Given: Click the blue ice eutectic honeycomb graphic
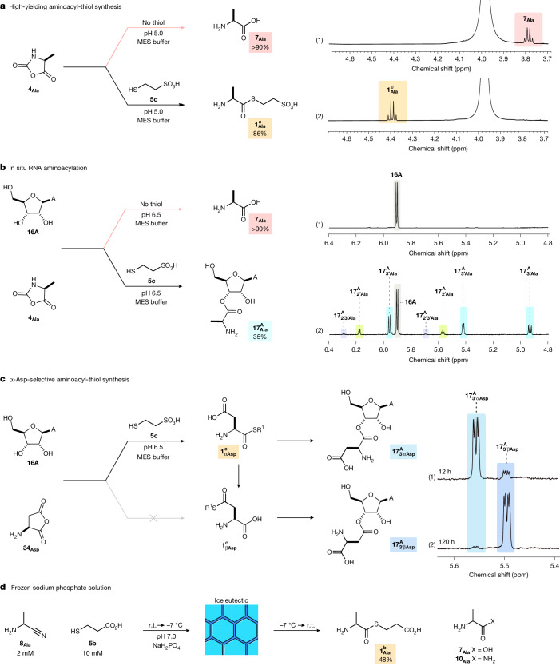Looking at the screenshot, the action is coord(232,630).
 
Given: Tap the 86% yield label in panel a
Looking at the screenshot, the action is coord(260,134).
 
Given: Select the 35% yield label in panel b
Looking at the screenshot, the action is coord(260,337).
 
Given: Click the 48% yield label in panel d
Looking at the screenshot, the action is coord(385,660).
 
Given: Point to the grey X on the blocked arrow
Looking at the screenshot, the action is coord(153,518).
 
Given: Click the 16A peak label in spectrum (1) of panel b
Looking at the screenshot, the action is coord(396,174).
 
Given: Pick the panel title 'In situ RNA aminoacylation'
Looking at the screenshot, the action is coord(48,168).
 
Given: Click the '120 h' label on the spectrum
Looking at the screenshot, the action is coord(447,542).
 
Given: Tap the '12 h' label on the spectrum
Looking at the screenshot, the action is coord(445,471).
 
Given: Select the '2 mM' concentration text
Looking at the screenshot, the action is coord(25,653).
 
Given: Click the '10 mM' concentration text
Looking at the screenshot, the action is coord(93,653).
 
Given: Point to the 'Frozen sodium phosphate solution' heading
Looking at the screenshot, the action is coord(61,588).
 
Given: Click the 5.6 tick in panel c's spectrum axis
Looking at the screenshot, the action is coord(454,566).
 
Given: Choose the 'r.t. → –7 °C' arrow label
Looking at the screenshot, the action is coord(165,625).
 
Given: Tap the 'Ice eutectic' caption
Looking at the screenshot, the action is coord(231,600).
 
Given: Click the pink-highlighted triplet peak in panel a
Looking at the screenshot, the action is coord(528,35).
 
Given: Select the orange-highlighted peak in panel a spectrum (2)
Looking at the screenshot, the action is coord(391,110).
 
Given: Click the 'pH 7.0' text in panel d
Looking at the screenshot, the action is coord(166,636).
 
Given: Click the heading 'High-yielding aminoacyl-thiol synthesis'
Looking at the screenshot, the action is coord(66,6).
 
